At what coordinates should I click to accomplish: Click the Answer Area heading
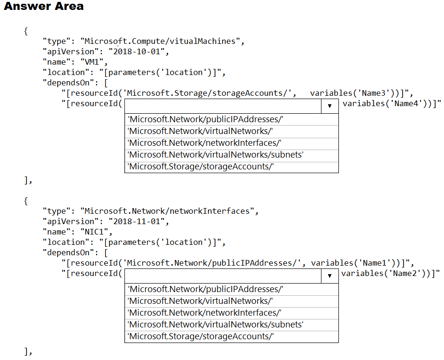(x=44, y=7)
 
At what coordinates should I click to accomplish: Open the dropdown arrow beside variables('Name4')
(x=329, y=106)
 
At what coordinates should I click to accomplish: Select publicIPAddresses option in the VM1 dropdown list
(x=206, y=120)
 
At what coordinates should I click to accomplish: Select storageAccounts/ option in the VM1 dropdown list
(x=201, y=167)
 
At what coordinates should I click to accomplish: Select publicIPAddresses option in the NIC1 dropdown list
(x=206, y=289)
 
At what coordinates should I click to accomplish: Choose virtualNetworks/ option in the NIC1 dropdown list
(x=200, y=301)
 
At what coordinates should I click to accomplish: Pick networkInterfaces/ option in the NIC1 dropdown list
(x=205, y=313)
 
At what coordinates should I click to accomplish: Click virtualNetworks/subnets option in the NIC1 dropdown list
(x=215, y=325)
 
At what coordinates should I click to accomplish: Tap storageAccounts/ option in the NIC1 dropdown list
(x=201, y=336)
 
